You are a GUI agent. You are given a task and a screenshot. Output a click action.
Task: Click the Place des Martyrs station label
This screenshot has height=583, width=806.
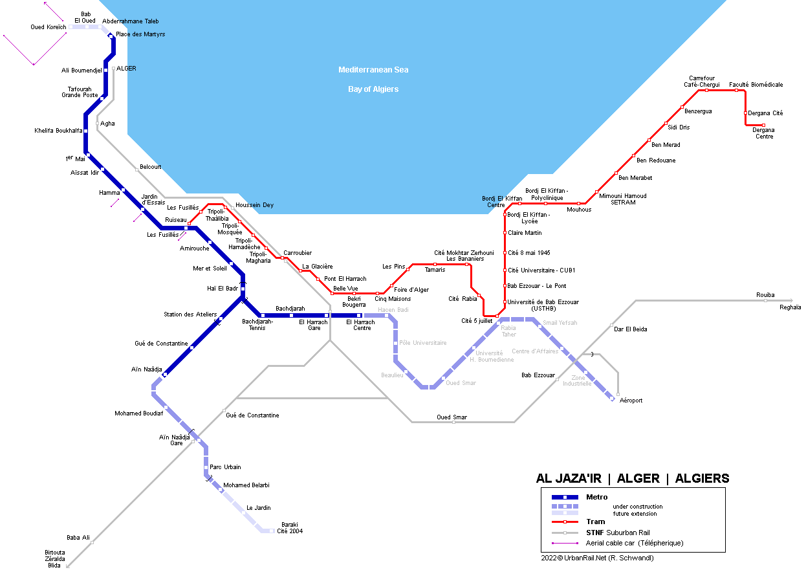tap(140, 34)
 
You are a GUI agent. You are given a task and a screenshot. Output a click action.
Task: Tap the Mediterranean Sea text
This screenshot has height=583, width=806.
tap(373, 70)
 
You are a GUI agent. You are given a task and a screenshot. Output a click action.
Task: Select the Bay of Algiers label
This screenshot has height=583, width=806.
tap(373, 89)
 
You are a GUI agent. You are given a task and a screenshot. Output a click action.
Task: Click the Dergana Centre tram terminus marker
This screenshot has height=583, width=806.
tap(763, 126)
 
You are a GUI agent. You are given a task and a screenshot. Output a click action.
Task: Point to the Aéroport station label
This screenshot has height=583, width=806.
tap(631, 401)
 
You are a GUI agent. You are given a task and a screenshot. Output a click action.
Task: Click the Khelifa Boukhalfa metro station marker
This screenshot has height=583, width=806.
tap(85, 131)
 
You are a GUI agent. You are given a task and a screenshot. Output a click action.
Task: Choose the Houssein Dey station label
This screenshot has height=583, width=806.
tap(254, 205)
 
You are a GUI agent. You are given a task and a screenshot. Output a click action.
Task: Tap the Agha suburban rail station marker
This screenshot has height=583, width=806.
tap(97, 124)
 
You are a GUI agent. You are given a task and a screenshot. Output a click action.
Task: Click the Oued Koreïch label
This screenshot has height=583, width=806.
tap(49, 27)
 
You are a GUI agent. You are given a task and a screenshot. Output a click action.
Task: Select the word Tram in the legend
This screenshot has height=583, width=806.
tap(596, 522)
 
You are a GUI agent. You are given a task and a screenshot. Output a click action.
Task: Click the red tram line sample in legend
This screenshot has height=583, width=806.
tap(565, 522)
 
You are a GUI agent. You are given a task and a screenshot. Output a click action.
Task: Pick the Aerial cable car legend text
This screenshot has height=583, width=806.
tap(635, 543)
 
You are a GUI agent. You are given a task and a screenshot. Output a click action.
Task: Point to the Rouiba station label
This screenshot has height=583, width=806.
tap(765, 295)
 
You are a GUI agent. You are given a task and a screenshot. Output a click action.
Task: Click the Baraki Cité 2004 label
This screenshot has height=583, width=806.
tap(290, 528)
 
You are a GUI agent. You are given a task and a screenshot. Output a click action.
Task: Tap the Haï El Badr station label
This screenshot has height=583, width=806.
tap(223, 289)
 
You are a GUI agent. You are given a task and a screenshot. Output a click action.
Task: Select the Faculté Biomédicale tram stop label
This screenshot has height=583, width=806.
tap(756, 85)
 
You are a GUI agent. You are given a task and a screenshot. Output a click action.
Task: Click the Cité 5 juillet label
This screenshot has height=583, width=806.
tap(477, 321)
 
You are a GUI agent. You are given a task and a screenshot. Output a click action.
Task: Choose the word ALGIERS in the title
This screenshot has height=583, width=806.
tap(702, 478)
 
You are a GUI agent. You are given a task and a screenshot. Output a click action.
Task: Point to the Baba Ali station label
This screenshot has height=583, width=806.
tap(78, 538)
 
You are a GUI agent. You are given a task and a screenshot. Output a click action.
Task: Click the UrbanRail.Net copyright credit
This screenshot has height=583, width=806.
tap(597, 558)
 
